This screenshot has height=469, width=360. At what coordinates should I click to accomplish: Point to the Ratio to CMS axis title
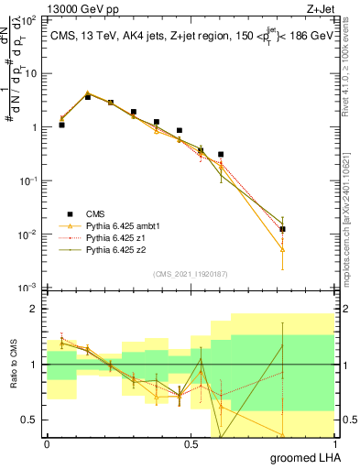click(x=12, y=365)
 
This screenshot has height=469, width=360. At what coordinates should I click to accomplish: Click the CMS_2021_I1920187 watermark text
click(x=190, y=273)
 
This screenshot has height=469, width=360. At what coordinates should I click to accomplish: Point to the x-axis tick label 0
click(x=47, y=442)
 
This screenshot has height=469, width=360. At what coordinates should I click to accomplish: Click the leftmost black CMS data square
click(x=61, y=125)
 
